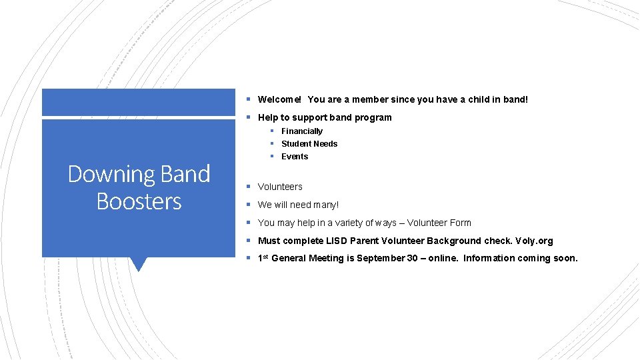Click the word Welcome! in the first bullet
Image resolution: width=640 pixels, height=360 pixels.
(279, 99)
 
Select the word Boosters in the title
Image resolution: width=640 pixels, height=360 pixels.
(139, 201)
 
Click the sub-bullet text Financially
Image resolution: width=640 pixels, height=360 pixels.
(301, 131)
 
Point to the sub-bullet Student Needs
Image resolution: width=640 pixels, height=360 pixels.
(309, 144)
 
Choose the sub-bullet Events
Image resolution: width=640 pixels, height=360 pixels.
(294, 157)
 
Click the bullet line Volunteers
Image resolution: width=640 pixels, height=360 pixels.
(280, 187)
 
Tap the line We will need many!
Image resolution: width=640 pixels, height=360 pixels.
(298, 205)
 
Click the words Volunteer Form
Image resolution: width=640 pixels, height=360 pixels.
(439, 223)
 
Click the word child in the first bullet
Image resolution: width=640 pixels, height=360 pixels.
(479, 99)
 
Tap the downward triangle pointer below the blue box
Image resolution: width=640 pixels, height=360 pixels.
(139, 264)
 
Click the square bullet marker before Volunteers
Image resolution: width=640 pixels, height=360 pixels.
(247, 187)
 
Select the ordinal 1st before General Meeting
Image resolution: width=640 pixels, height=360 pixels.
(263, 257)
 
